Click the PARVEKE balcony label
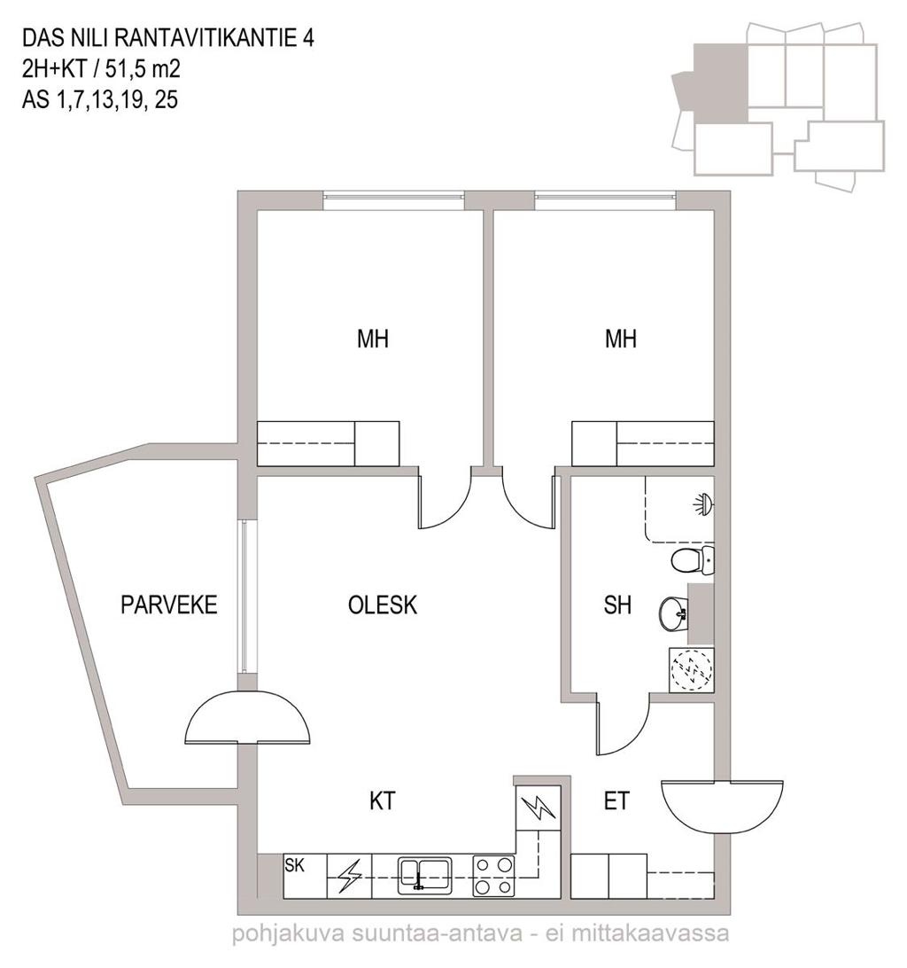click(x=168, y=605)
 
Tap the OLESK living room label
click(x=383, y=605)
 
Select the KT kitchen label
click(x=382, y=801)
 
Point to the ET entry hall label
click(x=616, y=801)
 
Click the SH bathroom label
click(x=617, y=605)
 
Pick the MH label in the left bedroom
click(x=373, y=339)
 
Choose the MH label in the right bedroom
click(x=621, y=339)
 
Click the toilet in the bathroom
click(x=693, y=560)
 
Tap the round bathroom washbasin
click(x=674, y=614)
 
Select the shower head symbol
click(x=702, y=504)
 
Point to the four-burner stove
click(x=493, y=876)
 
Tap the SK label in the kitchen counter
click(x=294, y=865)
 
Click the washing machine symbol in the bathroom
click(x=692, y=670)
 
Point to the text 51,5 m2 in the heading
click(x=143, y=68)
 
